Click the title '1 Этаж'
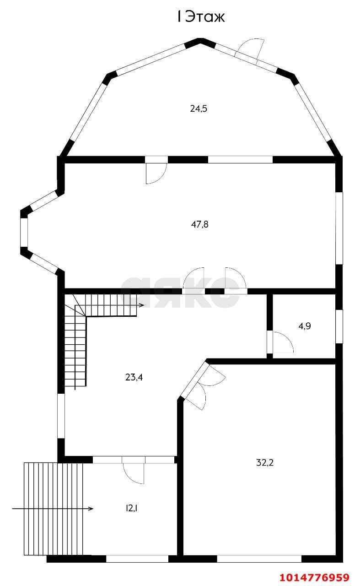pos(201,17)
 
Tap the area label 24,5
pos(199,109)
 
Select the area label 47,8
pos(200,224)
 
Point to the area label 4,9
pos(305,326)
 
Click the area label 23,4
pos(134,377)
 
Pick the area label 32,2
pos(265,463)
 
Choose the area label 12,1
pos(132,509)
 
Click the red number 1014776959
pos(315,577)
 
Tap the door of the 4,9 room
pos(283,342)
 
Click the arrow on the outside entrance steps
pos(53,509)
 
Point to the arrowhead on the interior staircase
pos(142,305)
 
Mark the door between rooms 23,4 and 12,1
pos(133,473)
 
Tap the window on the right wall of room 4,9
pos(339,326)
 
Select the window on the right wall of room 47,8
pos(339,228)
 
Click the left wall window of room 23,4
pos(61,416)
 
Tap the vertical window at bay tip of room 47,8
pos(24,232)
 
